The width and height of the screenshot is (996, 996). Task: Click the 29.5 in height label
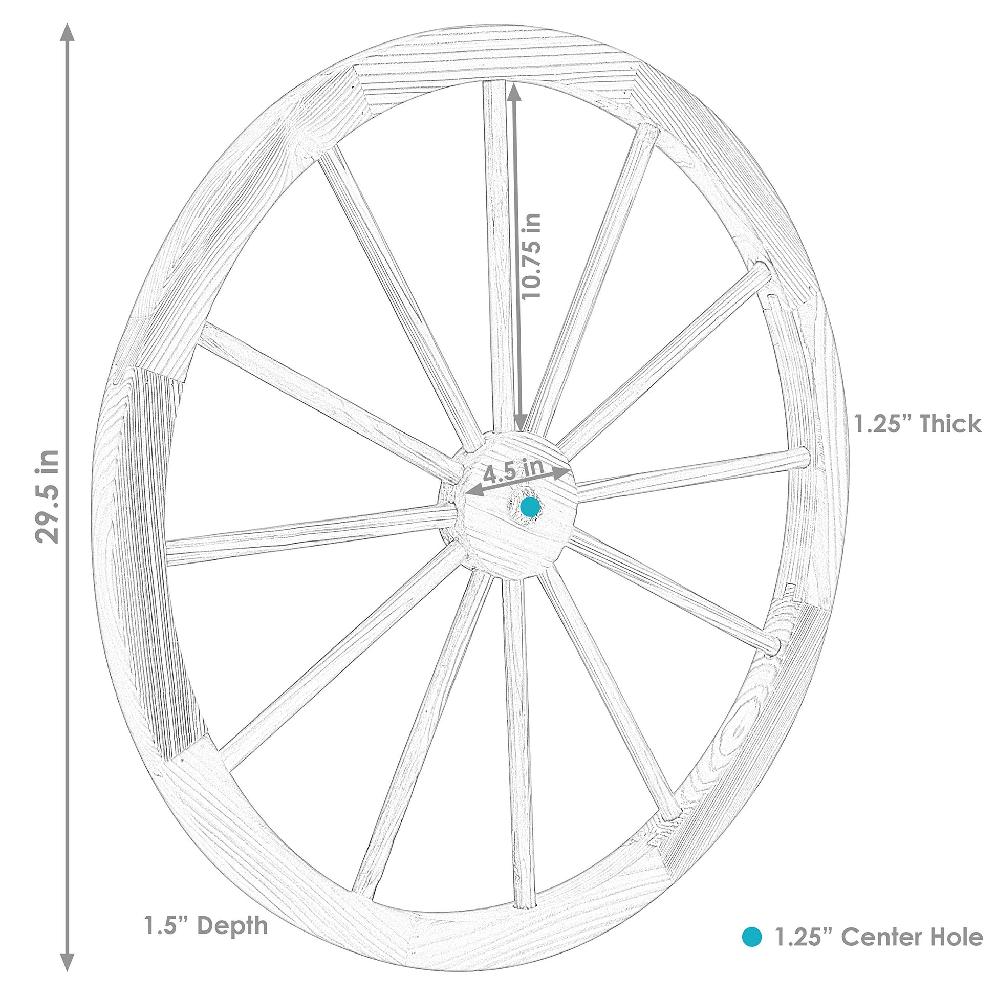pos(48,496)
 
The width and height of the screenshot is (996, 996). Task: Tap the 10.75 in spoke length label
pos(531,256)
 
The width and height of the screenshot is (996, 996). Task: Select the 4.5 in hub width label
pos(513,470)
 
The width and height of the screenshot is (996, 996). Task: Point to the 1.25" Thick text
pos(918,424)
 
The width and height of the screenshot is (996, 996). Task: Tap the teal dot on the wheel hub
pos(529,507)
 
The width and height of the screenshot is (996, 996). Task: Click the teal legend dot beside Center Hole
pos(752,937)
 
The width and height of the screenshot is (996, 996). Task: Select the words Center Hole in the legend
pos(912,937)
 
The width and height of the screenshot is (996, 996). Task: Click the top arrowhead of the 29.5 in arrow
pos(67,32)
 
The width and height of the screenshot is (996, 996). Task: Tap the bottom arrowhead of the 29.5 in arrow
pos(67,962)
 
